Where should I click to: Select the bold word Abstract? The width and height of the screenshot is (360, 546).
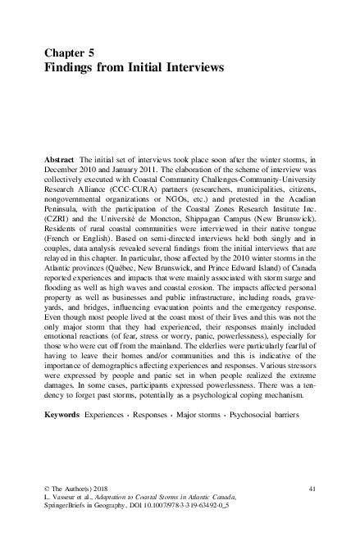(62, 156)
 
